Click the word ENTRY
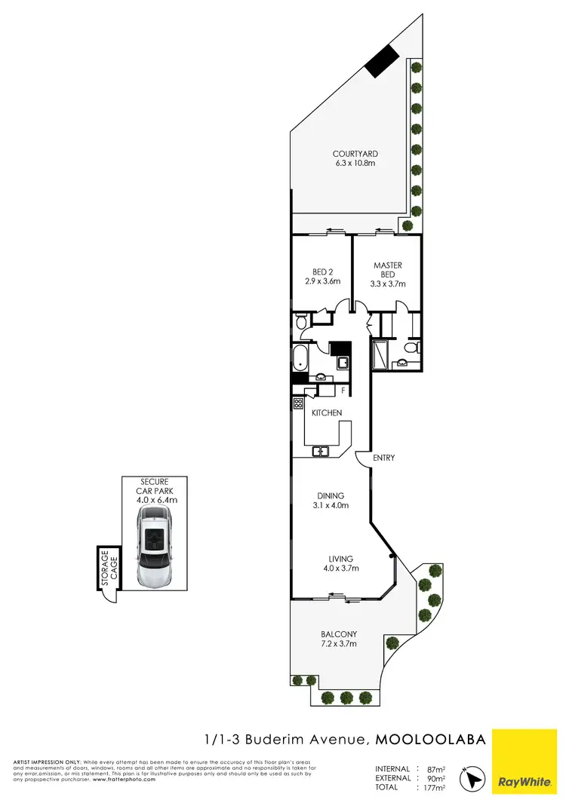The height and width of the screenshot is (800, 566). coord(383,458)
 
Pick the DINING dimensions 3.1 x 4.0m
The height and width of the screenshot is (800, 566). coord(331,506)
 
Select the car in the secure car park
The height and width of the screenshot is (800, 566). coord(155,547)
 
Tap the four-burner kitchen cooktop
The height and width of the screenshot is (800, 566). coord(298,403)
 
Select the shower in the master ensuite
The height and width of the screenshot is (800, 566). coord(379,353)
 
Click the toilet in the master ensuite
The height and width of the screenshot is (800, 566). coord(408,348)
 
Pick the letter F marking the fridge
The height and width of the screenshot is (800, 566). coord(343,391)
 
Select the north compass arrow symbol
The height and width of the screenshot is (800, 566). coord(474,777)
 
